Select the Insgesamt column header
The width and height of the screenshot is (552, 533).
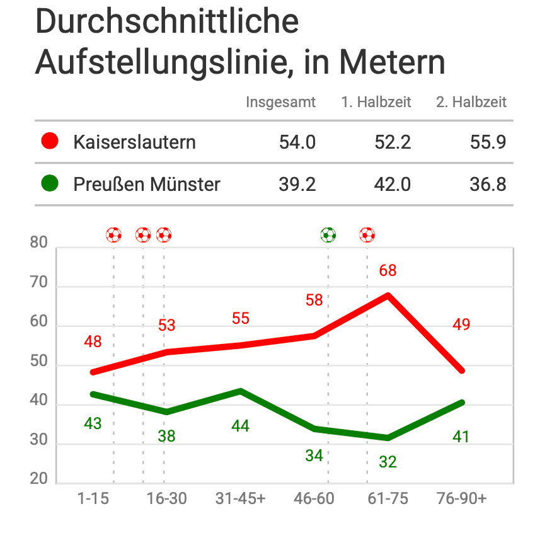pyautogui.click(x=280, y=102)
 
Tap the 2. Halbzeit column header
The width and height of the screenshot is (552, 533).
pyautogui.click(x=471, y=102)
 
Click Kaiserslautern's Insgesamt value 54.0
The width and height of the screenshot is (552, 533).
pyautogui.click(x=297, y=142)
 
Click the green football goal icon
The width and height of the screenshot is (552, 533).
pyautogui.click(x=328, y=235)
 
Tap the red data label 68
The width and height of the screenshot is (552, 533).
pyautogui.click(x=388, y=271)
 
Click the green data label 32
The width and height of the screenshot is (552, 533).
pyautogui.click(x=388, y=462)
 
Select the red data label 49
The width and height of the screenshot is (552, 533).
pyautogui.click(x=461, y=325)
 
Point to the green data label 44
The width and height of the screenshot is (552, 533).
pyautogui.click(x=240, y=427)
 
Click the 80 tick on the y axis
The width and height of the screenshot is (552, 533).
pyautogui.click(x=39, y=243)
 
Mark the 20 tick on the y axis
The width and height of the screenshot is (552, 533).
pyautogui.click(x=39, y=479)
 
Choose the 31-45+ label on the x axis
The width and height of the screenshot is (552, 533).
pyautogui.click(x=240, y=498)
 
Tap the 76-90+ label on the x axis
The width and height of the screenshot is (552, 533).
pyautogui.click(x=461, y=498)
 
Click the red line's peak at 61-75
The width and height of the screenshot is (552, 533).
pyautogui.click(x=388, y=295)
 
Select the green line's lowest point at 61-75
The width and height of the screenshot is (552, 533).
pyautogui.click(x=388, y=438)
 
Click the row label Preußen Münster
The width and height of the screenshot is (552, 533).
pyautogui.click(x=147, y=185)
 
